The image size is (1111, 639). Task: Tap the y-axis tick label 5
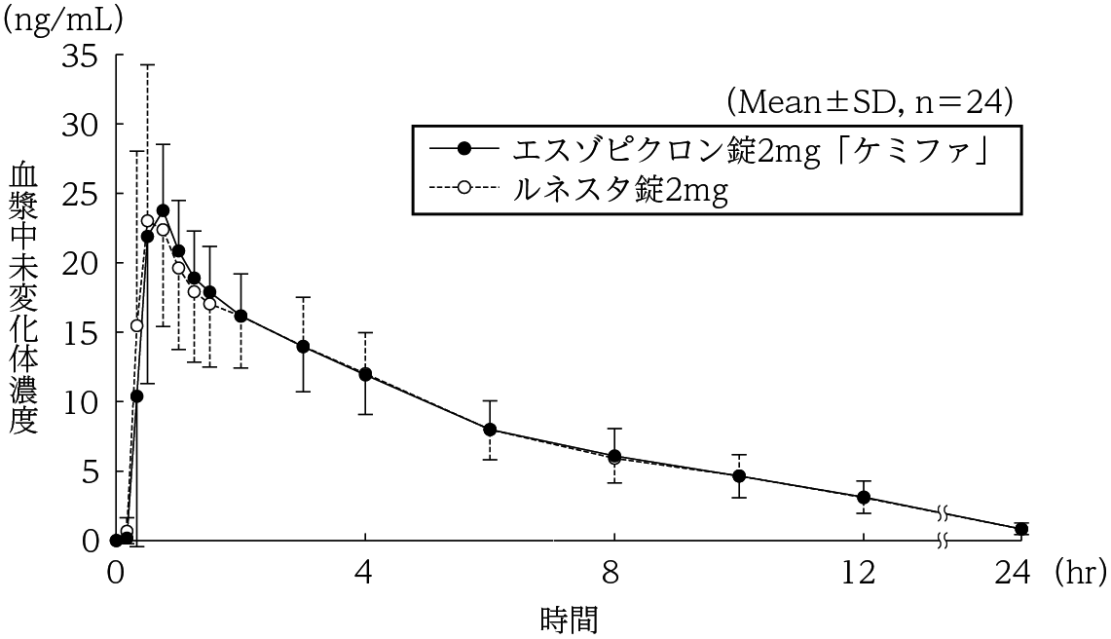pyautogui.click(x=90, y=471)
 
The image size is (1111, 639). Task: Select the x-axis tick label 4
pyautogui.click(x=365, y=573)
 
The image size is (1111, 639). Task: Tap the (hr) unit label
pyautogui.click(x=1079, y=573)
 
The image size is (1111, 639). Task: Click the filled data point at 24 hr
pyautogui.click(x=1020, y=529)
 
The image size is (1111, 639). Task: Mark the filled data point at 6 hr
pyautogui.click(x=490, y=430)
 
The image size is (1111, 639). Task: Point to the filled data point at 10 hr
pyautogui.click(x=738, y=476)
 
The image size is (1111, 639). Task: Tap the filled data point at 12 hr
pyautogui.click(x=863, y=497)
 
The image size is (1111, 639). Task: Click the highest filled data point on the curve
pyautogui.click(x=163, y=210)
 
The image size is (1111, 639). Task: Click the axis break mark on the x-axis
pyautogui.click(x=943, y=541)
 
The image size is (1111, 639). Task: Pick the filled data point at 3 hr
pyautogui.click(x=303, y=346)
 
